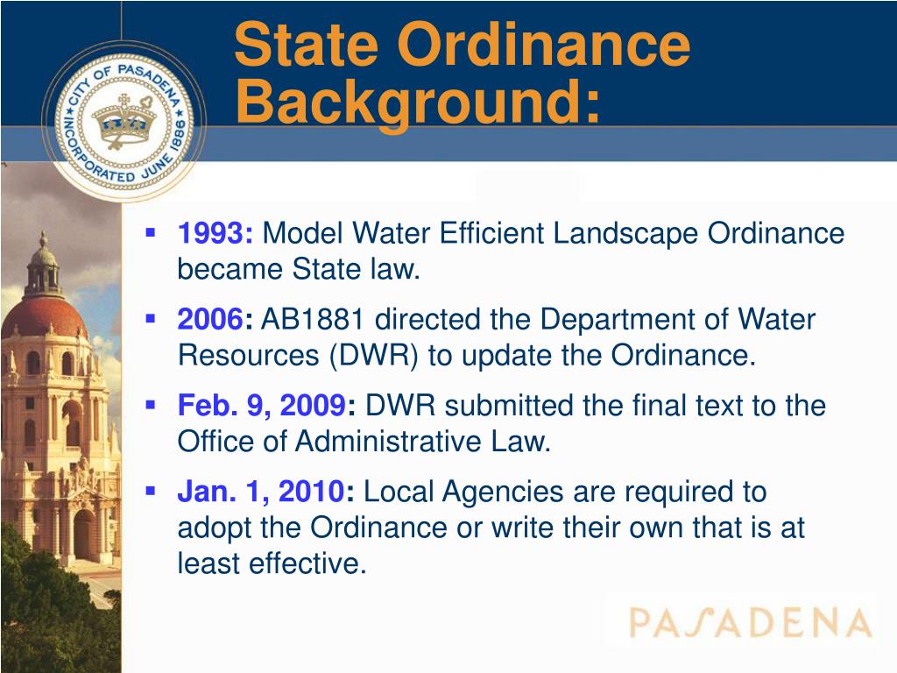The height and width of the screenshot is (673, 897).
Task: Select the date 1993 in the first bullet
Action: coord(215,234)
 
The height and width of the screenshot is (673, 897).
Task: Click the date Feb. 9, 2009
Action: coord(261,406)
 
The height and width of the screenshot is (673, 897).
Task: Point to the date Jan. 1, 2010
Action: coord(260,492)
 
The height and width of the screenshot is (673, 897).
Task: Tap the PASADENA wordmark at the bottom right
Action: coord(750,623)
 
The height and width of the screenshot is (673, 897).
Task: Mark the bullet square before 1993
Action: coord(151,233)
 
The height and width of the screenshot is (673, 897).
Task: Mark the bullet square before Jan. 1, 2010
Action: coord(151,492)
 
